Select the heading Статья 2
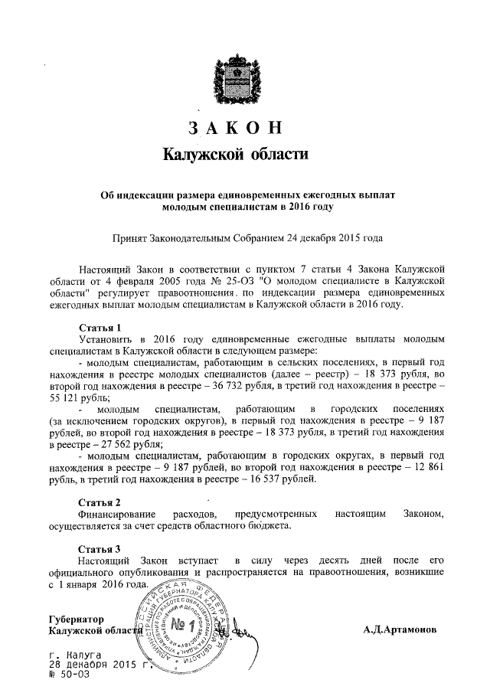[x=100, y=502]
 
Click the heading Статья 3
[x=100, y=549]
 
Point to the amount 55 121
[x=66, y=399]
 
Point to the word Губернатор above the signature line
[x=76, y=619]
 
